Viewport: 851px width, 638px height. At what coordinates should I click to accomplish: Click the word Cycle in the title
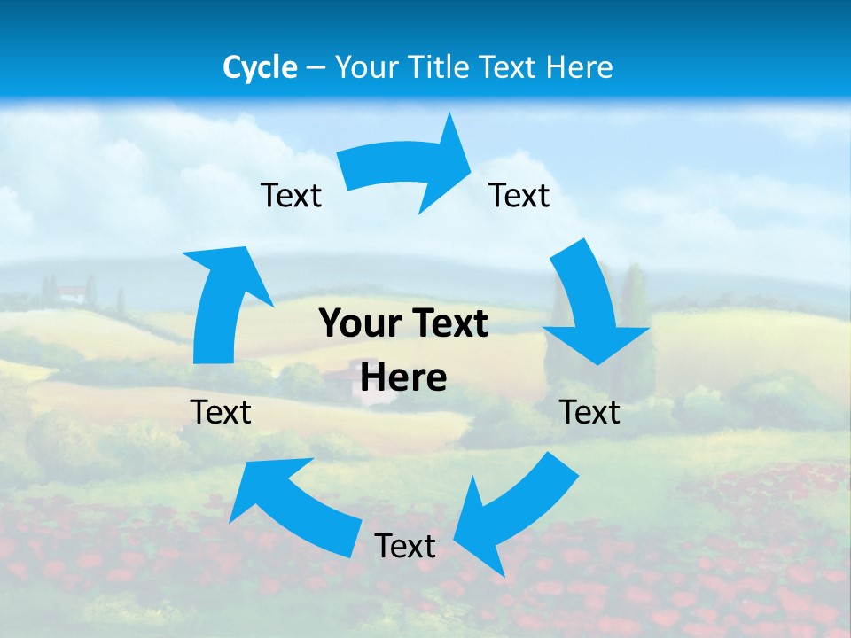260,67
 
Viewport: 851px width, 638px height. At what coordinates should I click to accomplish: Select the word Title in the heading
436,67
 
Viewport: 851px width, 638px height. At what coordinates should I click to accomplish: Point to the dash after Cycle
316,68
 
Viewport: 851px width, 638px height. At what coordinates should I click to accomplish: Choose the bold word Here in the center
403,377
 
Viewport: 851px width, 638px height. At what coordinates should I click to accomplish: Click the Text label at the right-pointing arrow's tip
519,195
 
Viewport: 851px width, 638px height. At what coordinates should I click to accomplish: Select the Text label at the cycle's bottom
405,546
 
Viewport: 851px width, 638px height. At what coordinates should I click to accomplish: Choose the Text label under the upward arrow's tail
221,412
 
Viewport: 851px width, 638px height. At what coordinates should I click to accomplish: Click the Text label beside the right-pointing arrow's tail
291,195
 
